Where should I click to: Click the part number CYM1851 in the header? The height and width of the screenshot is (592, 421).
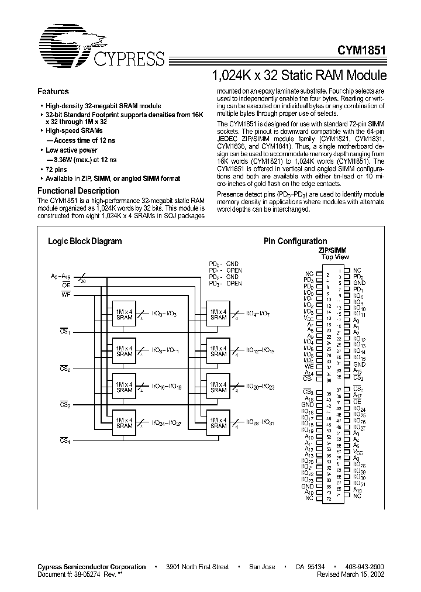pyautogui.click(x=360, y=51)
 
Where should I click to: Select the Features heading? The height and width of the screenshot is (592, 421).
pyautogui.click(x=53, y=92)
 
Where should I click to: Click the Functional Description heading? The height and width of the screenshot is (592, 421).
pyautogui.click(x=78, y=191)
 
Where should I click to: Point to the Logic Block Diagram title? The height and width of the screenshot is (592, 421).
pyautogui.click(x=84, y=241)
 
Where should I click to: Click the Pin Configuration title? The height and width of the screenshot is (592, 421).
pyautogui.click(x=295, y=241)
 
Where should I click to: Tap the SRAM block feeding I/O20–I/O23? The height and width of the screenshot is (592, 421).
pyautogui.click(x=218, y=387)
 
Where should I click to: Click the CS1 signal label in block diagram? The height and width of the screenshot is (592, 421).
pyautogui.click(x=65, y=332)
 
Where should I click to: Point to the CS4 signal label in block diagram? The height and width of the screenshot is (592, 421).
pyautogui.click(x=65, y=440)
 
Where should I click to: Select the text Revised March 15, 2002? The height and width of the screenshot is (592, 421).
pyautogui.click(x=351, y=574)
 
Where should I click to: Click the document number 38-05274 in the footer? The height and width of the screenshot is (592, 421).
pyautogui.click(x=91, y=574)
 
